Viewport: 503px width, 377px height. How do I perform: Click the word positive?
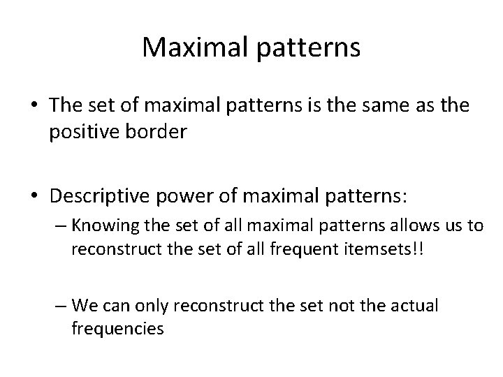pyautogui.click(x=83, y=133)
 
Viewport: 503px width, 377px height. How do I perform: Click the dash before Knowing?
pyautogui.click(x=58, y=226)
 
